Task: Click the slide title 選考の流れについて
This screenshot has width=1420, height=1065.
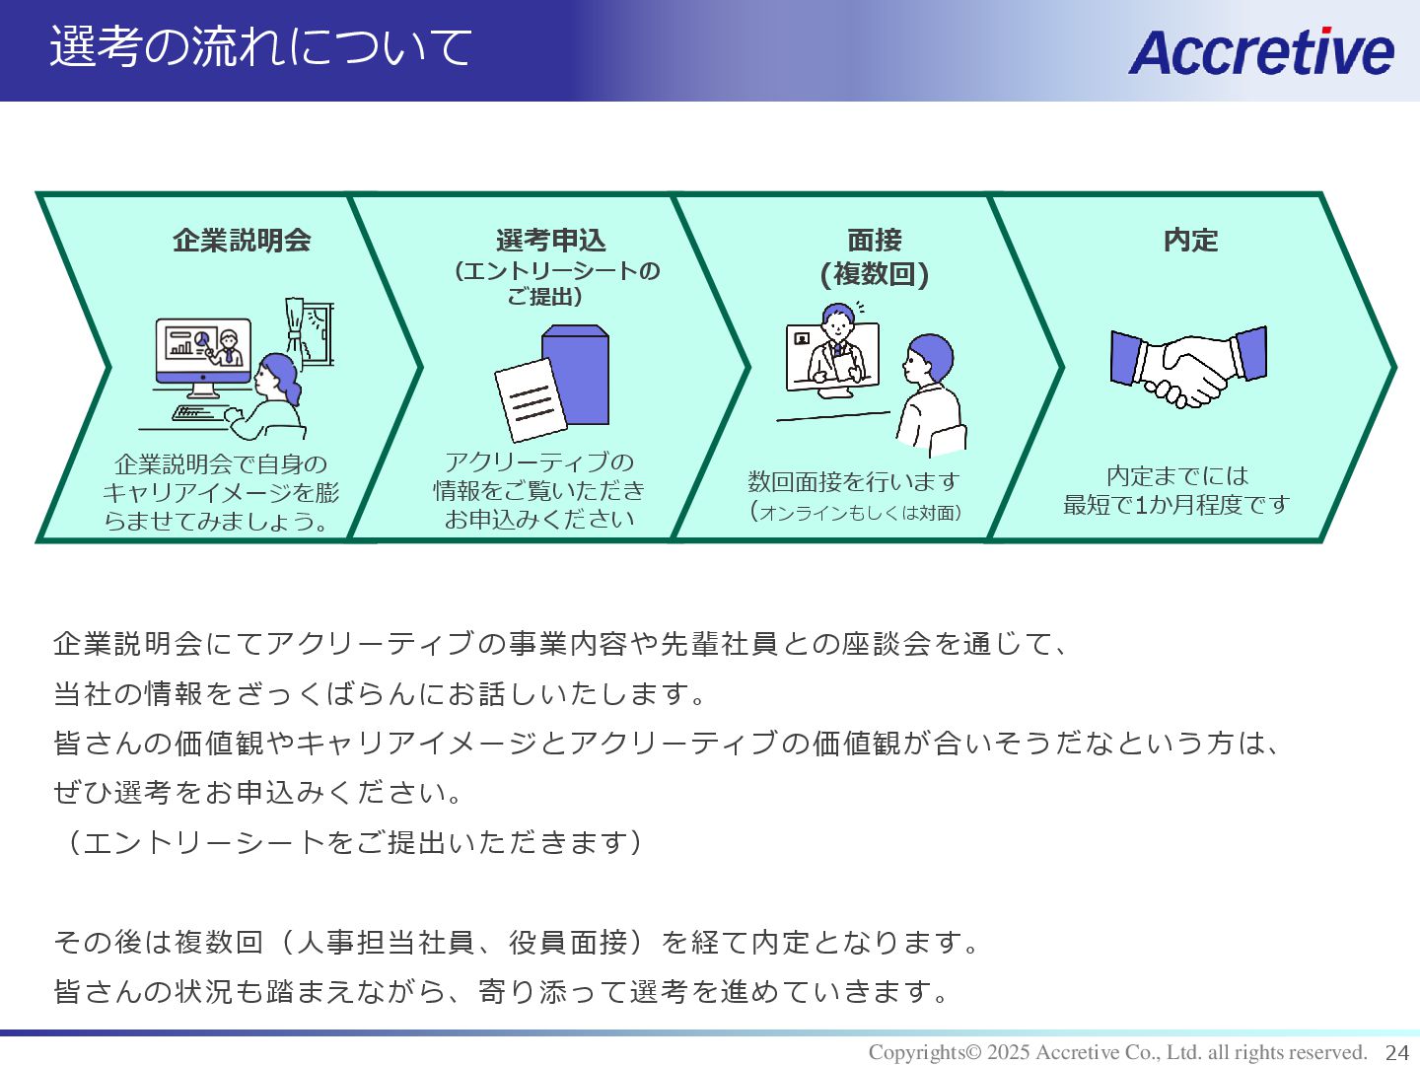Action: pyautogui.click(x=261, y=47)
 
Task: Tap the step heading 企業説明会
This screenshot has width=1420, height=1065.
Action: pyautogui.click(x=242, y=240)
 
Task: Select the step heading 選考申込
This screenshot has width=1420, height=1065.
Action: pyautogui.click(x=550, y=240)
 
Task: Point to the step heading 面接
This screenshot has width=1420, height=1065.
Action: pyautogui.click(x=874, y=240)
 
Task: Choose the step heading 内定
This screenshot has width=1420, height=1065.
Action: pyautogui.click(x=1190, y=240)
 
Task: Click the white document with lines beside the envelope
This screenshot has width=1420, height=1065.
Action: pyautogui.click(x=530, y=399)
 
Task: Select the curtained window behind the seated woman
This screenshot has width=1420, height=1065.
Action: pyautogui.click(x=310, y=331)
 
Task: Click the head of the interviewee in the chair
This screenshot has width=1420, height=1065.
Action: pyautogui.click(x=929, y=360)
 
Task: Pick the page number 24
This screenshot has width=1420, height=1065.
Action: pyautogui.click(x=1397, y=1052)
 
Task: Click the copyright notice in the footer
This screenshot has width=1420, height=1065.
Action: pyautogui.click(x=1117, y=1052)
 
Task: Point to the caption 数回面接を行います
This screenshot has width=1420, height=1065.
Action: pyautogui.click(x=854, y=481)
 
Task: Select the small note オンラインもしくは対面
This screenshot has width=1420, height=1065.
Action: pyautogui.click(x=856, y=512)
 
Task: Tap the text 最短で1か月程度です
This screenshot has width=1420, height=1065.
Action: pyautogui.click(x=1176, y=505)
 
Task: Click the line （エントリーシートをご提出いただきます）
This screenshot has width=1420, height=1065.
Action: pyautogui.click(x=349, y=842)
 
